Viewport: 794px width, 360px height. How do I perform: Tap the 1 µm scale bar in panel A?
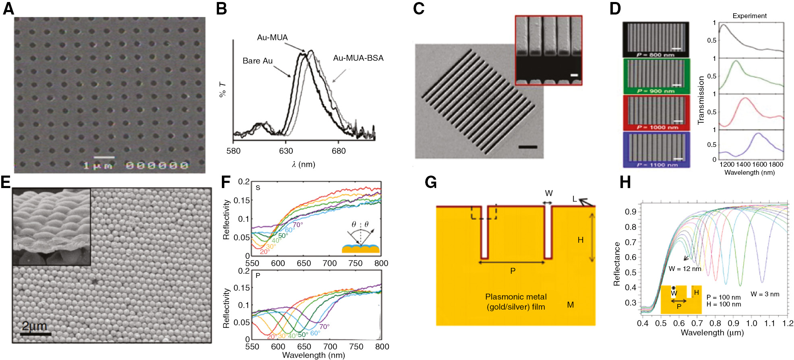coord(104,157)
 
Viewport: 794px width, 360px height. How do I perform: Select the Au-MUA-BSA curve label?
coord(358,58)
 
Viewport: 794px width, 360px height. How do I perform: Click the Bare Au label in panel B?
coord(257,61)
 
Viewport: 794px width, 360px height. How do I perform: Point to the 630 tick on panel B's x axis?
coord(286,151)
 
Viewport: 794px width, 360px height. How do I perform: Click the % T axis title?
coord(222,89)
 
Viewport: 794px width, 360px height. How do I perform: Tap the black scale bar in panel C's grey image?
coord(527,147)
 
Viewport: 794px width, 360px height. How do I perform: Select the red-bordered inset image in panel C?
coord(548,50)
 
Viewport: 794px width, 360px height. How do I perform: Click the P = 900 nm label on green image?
coord(655,91)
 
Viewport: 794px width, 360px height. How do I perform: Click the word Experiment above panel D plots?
coord(749,16)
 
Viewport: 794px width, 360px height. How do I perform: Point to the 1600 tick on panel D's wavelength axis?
coord(759,164)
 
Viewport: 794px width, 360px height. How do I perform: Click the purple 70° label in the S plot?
coord(298,225)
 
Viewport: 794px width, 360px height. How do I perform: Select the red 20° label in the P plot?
coord(272,336)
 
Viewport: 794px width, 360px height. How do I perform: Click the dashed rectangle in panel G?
coord(484,213)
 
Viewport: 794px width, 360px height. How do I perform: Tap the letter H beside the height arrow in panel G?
coord(580,240)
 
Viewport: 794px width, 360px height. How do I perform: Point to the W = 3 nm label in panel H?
coord(765,294)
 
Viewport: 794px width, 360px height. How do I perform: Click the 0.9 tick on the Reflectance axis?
coord(631,212)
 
